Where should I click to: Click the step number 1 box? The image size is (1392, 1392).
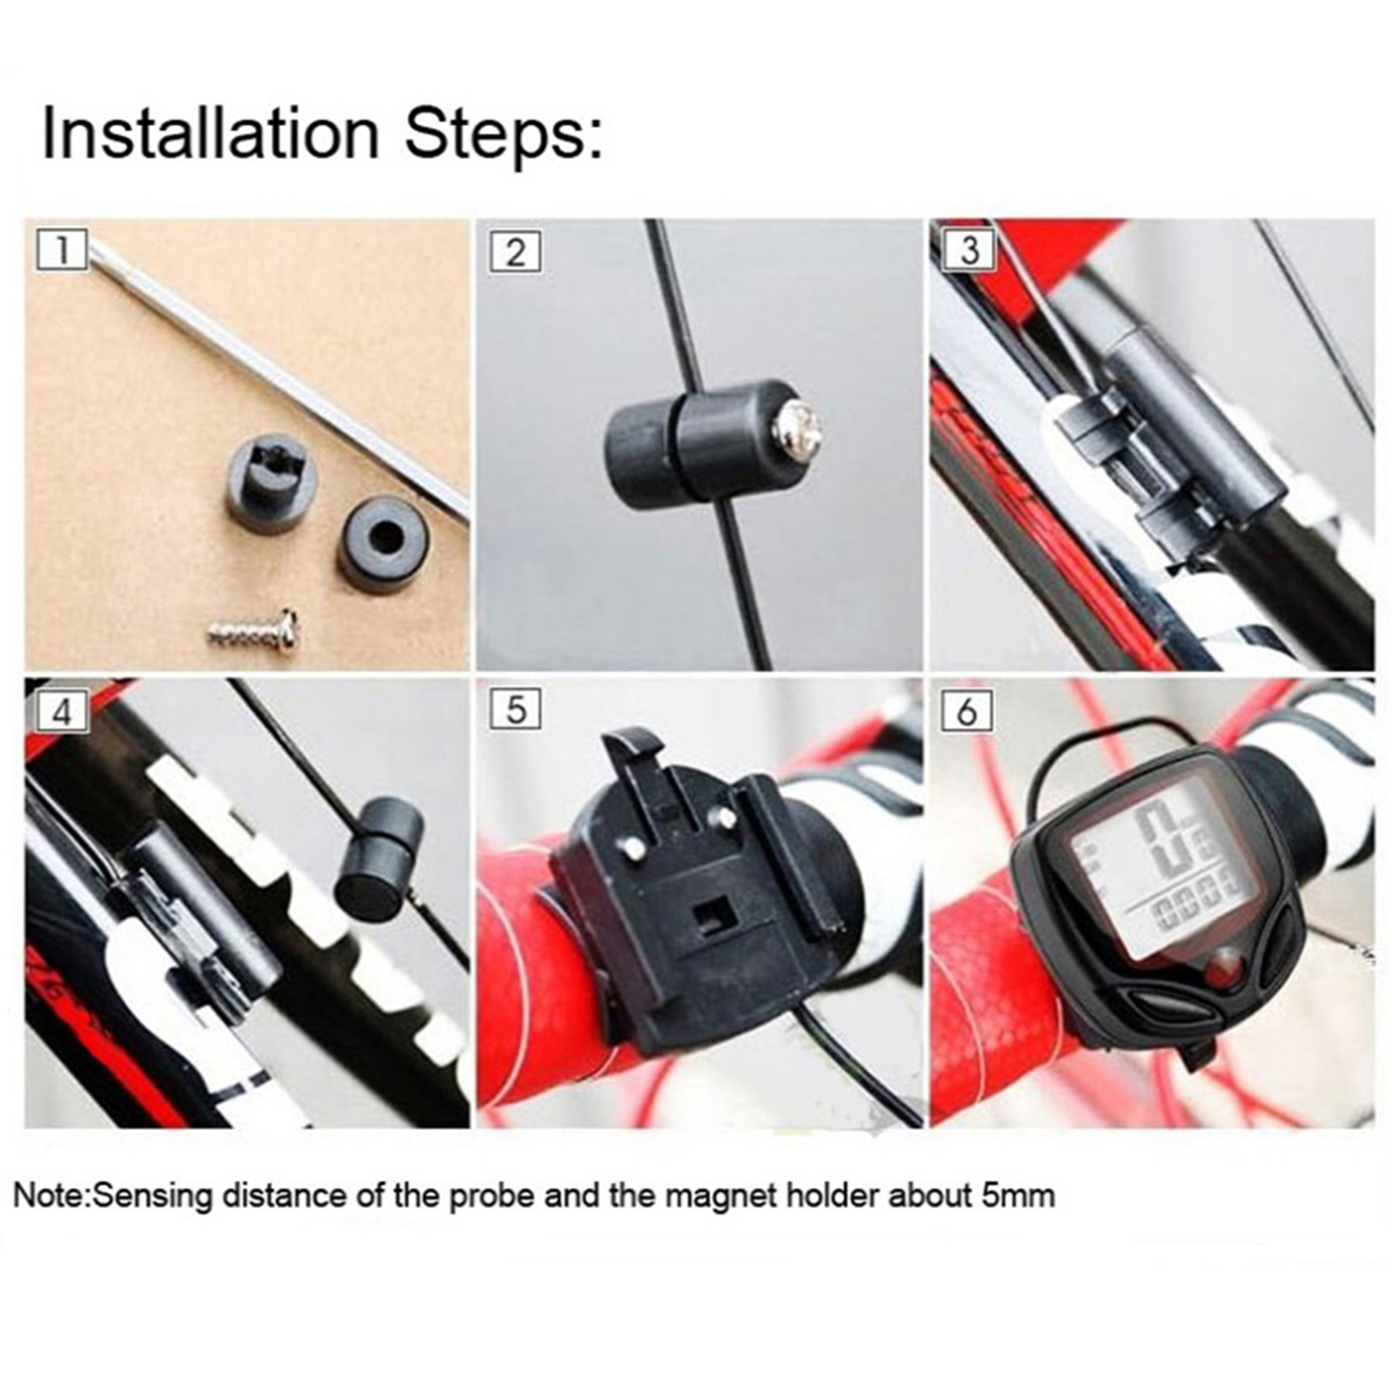tap(62, 251)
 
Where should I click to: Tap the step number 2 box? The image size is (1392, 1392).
tap(515, 251)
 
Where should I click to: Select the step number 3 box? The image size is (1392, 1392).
tap(968, 251)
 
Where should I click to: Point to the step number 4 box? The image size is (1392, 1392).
tap(62, 712)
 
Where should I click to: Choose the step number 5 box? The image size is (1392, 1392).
tap(515, 710)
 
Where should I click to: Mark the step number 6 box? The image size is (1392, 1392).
tap(967, 711)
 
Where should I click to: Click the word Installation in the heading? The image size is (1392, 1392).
tap(210, 133)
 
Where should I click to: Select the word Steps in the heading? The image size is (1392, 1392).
tap(505, 135)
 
